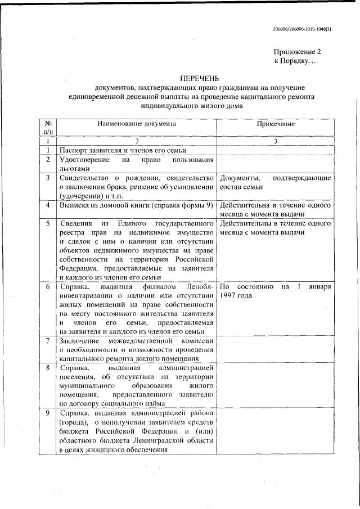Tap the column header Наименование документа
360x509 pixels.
(x=136, y=123)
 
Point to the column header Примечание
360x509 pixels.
(x=276, y=123)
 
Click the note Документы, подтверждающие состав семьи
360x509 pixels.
(x=275, y=182)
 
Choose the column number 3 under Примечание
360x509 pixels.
(x=276, y=142)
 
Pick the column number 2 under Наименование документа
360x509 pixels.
(x=136, y=142)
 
